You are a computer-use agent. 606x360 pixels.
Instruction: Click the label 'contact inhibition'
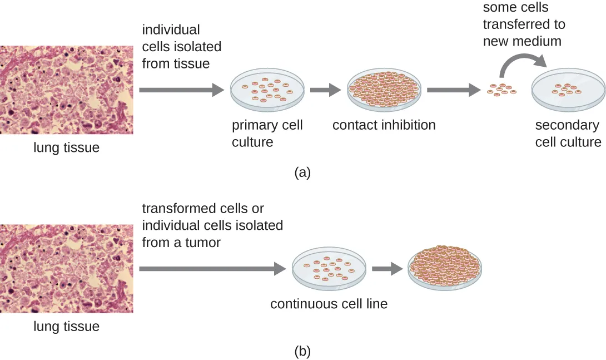pyautogui.click(x=384, y=125)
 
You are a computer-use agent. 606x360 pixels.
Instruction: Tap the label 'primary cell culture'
pyautogui.click(x=267, y=133)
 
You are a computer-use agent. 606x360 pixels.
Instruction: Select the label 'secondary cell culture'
pyautogui.click(x=568, y=134)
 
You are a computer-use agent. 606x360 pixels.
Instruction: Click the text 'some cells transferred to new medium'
pyautogui.click(x=523, y=24)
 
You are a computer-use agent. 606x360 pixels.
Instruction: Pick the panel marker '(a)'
pyautogui.click(x=302, y=172)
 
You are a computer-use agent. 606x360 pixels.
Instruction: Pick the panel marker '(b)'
pyautogui.click(x=302, y=351)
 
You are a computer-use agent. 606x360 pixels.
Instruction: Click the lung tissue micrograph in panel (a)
pyautogui.click(x=66, y=90)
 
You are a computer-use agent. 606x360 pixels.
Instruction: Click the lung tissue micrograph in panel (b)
pyautogui.click(x=66, y=269)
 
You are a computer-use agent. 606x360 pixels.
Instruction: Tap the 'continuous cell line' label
pyautogui.click(x=329, y=304)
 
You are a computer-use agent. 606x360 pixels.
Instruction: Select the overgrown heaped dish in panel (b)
pyautogui.click(x=445, y=267)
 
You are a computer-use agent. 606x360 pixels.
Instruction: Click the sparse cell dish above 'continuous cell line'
pyautogui.click(x=329, y=268)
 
